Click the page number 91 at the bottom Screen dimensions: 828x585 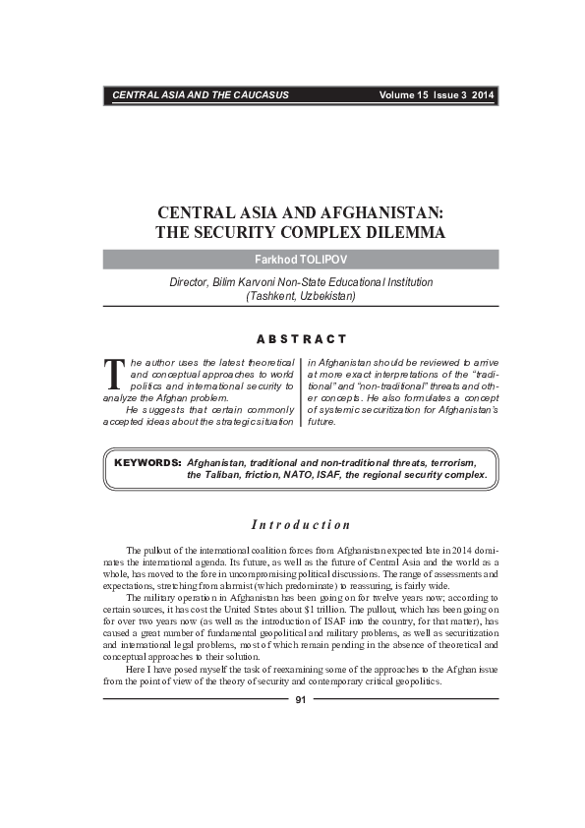tap(301, 700)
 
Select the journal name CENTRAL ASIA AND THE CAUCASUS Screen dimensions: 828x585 tap(200, 95)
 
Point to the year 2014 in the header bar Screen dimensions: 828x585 tap(483, 95)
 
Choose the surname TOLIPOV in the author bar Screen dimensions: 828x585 tap(323, 260)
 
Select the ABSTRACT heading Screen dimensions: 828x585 tap(301, 339)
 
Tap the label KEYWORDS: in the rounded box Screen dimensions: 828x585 tap(147, 461)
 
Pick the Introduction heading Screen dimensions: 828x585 tap(301, 524)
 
